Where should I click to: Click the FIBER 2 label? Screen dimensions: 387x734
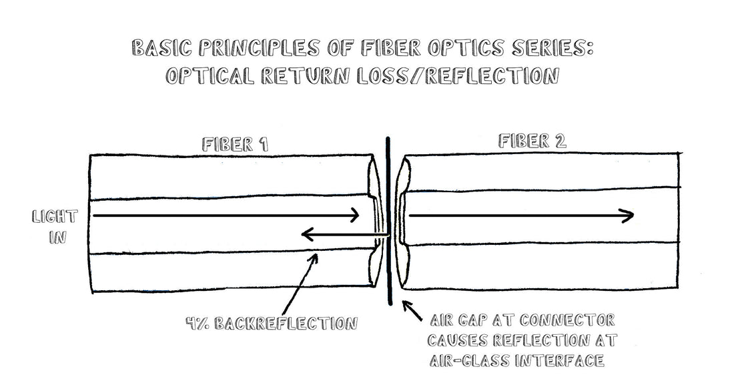[x=532, y=141]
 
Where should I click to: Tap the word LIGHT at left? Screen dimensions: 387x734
[x=55, y=217]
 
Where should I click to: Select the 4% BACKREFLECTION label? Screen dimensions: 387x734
[x=272, y=324]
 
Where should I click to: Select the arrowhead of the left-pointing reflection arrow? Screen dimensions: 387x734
[x=306, y=234]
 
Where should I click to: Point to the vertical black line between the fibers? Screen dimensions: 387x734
[x=388, y=220]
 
